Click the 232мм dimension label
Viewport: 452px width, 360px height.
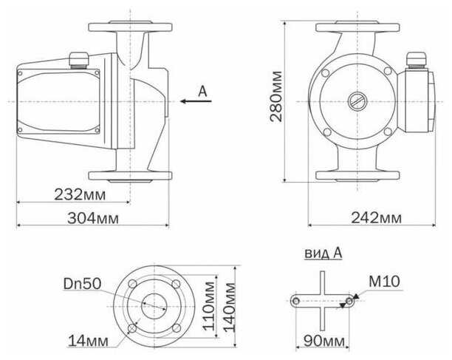point(79,194)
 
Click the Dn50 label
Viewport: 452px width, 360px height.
point(81,283)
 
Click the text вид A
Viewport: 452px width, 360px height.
point(323,253)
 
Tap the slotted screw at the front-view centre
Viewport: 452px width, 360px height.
point(357,101)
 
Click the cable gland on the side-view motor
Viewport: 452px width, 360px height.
point(78,58)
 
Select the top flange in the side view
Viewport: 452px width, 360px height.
point(131,30)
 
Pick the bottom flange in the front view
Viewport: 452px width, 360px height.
point(357,176)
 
